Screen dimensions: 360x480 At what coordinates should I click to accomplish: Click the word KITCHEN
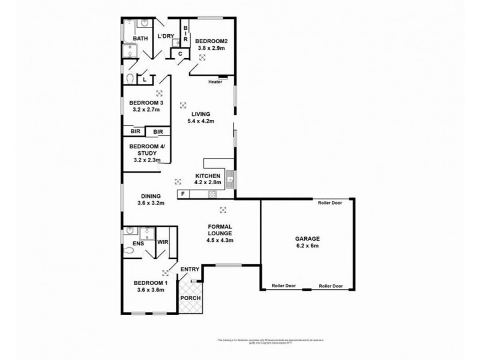pos(208,175)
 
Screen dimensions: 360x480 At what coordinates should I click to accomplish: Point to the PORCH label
pos(191,298)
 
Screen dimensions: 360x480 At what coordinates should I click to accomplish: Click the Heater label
pos(215,82)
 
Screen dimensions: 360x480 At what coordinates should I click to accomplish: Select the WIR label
pos(162,242)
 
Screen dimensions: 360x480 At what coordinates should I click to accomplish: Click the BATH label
pos(139,39)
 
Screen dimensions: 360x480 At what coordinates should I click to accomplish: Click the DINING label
pos(151,196)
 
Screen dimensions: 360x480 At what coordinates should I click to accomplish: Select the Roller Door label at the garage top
pos(331,203)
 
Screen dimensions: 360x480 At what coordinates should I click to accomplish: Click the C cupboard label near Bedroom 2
pos(180,54)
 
